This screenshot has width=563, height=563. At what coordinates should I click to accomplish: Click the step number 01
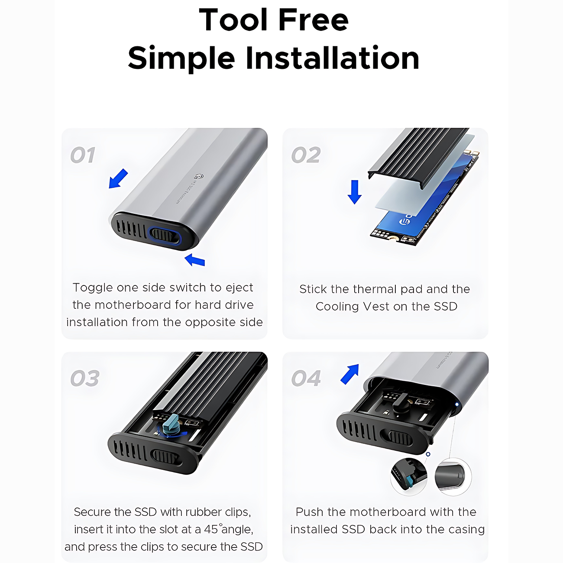83,155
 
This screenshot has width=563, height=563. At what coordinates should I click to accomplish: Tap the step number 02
306,155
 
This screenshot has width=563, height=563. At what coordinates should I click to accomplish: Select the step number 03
85,378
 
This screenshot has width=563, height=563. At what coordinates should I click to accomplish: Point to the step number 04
306,378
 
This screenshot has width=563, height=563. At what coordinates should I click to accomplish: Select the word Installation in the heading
333,58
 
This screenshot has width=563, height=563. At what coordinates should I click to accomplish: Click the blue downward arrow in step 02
354,192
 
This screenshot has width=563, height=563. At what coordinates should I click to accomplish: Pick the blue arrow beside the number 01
118,178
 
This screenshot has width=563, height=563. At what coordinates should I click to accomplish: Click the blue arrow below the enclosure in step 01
195,260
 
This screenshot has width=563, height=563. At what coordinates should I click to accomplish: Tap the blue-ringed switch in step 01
165,236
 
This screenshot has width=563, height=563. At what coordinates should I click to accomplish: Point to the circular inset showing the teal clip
409,477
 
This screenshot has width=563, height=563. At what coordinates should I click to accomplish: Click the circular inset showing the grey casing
453,477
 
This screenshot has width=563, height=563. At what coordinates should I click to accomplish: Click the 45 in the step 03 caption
211,529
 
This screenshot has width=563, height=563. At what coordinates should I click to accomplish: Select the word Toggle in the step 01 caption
93,288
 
